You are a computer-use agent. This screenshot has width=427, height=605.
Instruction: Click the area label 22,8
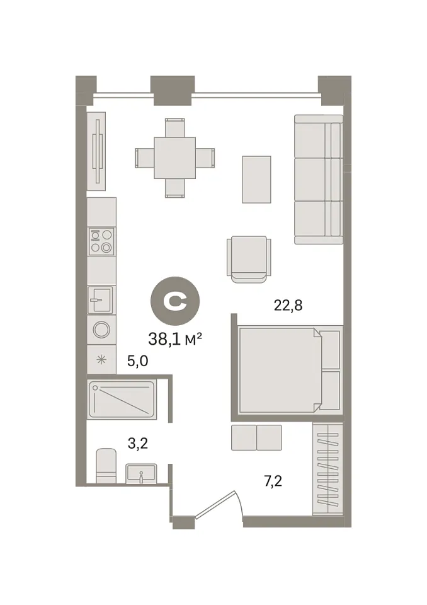coord(288,306)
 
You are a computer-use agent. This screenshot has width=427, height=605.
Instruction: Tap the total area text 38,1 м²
coord(175,339)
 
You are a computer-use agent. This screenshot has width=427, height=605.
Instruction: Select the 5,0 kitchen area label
coord(138,361)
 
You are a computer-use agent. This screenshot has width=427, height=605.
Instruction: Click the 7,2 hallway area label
coord(273,481)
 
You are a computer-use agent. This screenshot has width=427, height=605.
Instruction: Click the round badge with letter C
coord(175,301)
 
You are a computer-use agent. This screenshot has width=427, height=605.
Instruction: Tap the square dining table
coord(174,158)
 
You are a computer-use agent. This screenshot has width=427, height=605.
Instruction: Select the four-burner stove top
coord(101,241)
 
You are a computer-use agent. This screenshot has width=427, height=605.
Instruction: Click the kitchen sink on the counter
coord(101,300)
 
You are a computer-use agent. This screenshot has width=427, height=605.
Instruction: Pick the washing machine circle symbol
coord(101,330)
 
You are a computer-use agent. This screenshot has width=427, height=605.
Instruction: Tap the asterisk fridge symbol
coord(101,360)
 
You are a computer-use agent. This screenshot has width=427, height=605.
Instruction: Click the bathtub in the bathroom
coord(122,400)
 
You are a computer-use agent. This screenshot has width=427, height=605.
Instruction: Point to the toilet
coord(106,466)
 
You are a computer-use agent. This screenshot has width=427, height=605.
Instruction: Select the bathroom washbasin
coord(141,473)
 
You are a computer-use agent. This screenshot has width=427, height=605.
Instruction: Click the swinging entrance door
coord(219,504)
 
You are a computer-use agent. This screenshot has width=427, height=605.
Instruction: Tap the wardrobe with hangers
coord(328,469)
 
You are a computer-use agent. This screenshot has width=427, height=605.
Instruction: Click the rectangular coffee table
coord(256,180)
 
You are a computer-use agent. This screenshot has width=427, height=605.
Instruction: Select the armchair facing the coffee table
coord(249,259)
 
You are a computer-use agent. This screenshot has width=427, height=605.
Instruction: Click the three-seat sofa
coord(319,180)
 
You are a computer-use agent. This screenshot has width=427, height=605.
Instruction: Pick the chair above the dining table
coord(174,128)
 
